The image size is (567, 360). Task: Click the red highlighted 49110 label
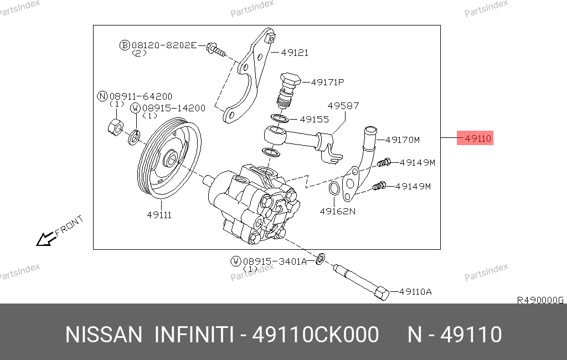(x=475, y=138)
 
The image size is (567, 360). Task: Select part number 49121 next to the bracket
(x=295, y=53)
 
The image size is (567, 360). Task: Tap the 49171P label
(x=328, y=82)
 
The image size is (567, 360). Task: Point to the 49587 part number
(x=343, y=106)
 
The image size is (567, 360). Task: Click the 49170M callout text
(x=403, y=140)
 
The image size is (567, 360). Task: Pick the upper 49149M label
(x=417, y=163)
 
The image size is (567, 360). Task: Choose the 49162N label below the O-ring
(x=338, y=212)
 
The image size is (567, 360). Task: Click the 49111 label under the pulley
(x=159, y=215)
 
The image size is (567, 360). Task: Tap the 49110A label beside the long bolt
(x=415, y=292)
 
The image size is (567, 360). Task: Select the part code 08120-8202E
(x=164, y=45)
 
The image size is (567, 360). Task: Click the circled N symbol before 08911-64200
(x=102, y=96)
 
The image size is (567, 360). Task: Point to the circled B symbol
(x=125, y=45)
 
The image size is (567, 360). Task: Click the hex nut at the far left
(x=115, y=127)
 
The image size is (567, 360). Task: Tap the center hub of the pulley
(x=170, y=159)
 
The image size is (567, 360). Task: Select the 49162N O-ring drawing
(x=334, y=188)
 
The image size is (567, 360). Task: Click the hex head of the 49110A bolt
(x=382, y=293)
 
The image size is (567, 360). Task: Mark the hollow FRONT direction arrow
(x=45, y=239)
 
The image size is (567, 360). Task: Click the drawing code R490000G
(x=540, y=300)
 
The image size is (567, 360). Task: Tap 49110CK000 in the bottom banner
(x=315, y=335)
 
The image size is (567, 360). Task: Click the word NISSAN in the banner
(x=104, y=335)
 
